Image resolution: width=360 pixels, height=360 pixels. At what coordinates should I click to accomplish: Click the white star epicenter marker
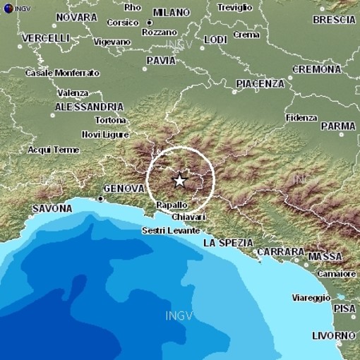click(179, 180)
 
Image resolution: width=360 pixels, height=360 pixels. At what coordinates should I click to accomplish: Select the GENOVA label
click(124, 189)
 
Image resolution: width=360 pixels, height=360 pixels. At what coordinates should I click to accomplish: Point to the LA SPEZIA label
click(227, 242)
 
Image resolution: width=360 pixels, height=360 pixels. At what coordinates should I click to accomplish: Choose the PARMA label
click(338, 126)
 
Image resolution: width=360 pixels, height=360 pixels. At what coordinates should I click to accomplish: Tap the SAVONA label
click(52, 208)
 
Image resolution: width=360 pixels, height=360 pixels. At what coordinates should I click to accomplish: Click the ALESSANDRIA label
click(83, 107)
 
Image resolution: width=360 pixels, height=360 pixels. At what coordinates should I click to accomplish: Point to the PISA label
click(345, 308)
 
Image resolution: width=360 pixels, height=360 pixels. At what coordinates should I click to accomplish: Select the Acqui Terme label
click(53, 149)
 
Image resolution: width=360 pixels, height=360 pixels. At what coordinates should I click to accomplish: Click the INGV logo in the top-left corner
click(7, 7)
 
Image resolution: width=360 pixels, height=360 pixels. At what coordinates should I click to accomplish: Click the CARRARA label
click(280, 251)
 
